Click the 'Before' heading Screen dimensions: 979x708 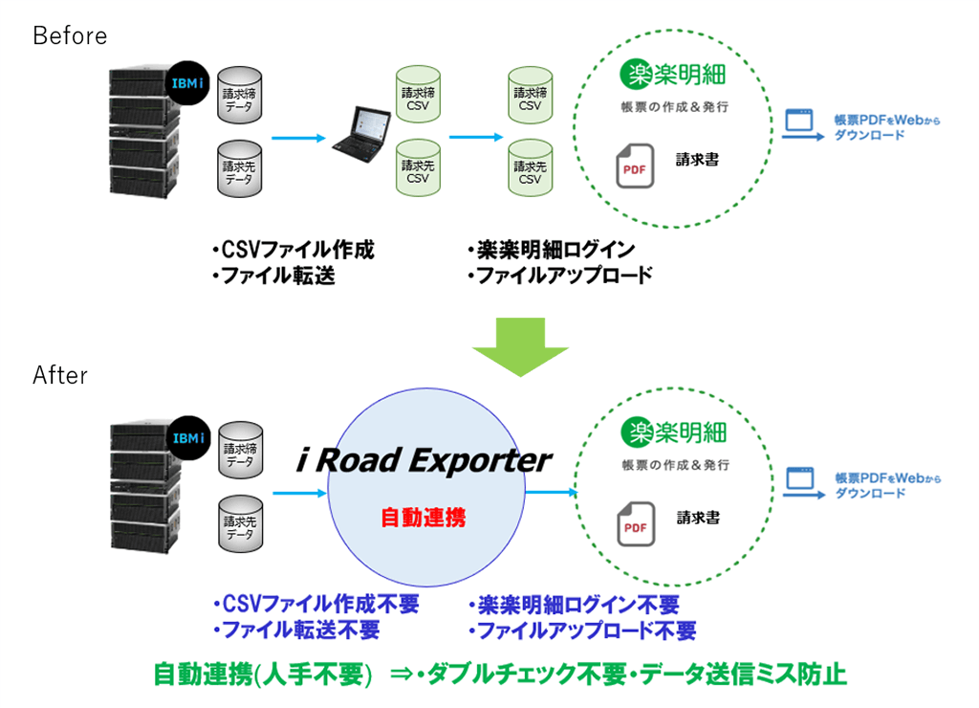coord(70,35)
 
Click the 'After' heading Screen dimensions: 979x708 coord(60,375)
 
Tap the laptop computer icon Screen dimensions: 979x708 coord(362,135)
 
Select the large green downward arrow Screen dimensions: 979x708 coord(520,346)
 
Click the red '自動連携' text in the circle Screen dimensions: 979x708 coord(424,518)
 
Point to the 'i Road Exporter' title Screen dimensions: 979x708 coord(424,460)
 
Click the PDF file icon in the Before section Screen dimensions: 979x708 coord(635,166)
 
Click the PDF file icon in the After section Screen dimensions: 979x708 coord(636,524)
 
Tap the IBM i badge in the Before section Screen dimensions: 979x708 coord(187,83)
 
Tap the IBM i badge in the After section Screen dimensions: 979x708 coord(188,438)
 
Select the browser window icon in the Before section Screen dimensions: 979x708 coord(799,120)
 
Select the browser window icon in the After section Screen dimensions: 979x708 coord(800,478)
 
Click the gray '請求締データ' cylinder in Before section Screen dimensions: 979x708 coord(240,95)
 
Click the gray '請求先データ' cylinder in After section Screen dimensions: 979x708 coord(240,523)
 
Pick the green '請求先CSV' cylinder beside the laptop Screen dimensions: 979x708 coord(418,168)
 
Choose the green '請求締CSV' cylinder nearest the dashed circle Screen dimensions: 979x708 coord(530,95)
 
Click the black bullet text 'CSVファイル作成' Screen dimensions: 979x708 coord(294,250)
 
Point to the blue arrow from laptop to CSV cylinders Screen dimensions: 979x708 coord(476,137)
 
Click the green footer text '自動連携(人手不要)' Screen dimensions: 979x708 coord(263,675)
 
